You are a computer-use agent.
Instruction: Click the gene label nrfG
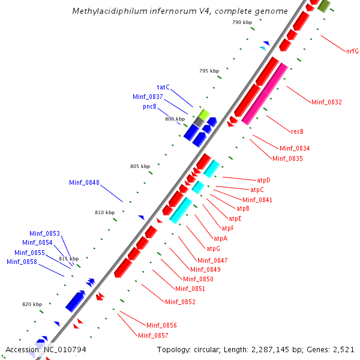pos(352,51)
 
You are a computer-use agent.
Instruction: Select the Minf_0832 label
pos(326,102)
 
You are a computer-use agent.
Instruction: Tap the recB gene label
pos(297,131)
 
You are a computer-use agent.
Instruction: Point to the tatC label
pos(163,87)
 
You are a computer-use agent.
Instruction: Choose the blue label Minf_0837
pos(148,97)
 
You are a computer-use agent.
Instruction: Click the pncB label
pos(149,106)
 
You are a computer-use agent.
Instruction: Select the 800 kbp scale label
pos(175,119)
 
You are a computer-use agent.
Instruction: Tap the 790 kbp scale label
pos(242,22)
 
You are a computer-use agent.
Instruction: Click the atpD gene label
pos(263,179)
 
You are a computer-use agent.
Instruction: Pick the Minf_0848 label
pos(84,182)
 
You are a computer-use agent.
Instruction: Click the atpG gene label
pos(214,248)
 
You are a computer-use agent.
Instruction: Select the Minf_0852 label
pos(180,302)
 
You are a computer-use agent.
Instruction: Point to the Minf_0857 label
pos(153,335)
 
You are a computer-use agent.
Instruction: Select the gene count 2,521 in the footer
pos(346,349)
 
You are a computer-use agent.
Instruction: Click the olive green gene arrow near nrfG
pos(325,5)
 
